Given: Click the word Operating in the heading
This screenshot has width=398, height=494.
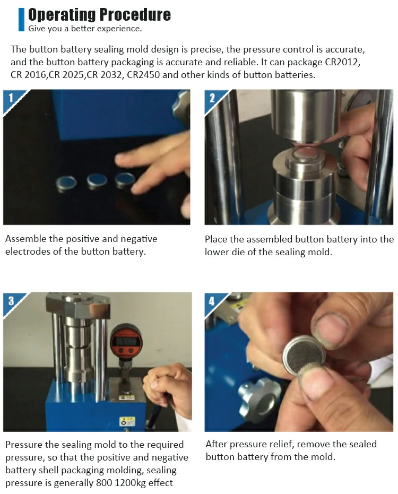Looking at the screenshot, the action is [x=62, y=14].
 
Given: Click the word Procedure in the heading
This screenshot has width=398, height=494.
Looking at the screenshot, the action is [x=135, y=14].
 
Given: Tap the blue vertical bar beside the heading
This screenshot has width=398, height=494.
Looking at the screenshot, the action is [x=21, y=20].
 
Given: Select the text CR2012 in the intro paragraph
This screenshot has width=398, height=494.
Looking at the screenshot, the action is [x=342, y=62].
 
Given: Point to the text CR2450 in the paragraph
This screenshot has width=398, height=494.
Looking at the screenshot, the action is [x=143, y=75].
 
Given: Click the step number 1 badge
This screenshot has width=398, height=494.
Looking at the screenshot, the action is [x=11, y=98].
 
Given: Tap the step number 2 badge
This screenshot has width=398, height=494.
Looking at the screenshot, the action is [x=212, y=98].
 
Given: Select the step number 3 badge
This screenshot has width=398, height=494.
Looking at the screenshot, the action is [x=11, y=301].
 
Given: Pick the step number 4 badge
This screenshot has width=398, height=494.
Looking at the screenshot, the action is [x=212, y=301].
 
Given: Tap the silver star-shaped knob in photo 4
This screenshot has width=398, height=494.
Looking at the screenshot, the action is [x=258, y=398].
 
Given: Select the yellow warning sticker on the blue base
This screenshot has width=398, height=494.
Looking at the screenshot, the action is [x=128, y=421].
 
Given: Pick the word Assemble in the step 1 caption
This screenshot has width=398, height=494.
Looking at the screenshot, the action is [x=26, y=239].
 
